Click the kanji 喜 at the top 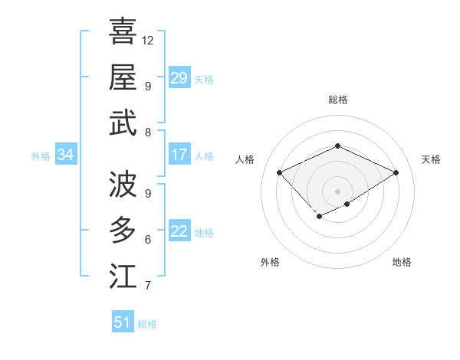tap(123, 31)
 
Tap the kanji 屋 tap(123, 77)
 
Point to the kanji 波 tap(123, 184)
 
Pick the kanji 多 tap(123, 230)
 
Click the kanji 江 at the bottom tap(123, 276)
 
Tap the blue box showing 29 tap(179, 78)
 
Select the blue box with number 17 tap(179, 155)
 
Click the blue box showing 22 tap(179, 231)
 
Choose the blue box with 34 tap(65, 155)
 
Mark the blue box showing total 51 tap(122, 322)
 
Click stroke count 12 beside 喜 tap(148, 39)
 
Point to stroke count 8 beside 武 tap(148, 133)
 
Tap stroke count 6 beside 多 tap(148, 240)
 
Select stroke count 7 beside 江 tap(148, 286)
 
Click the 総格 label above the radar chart tap(337, 100)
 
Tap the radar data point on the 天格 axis tap(396, 173)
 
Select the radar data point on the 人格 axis tap(280, 173)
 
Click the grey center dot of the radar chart tap(337, 191)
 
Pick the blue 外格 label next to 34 tap(41, 156)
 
